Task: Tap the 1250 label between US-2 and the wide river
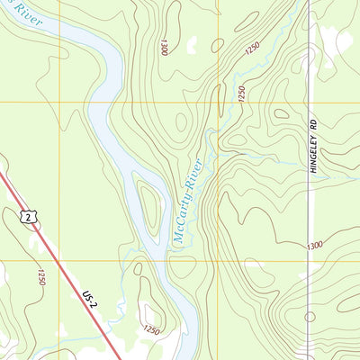coord(151,331)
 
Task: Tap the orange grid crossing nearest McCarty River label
coord(218,261)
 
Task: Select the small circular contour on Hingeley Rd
coord(310,317)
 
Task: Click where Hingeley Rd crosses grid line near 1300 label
coord(308,261)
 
